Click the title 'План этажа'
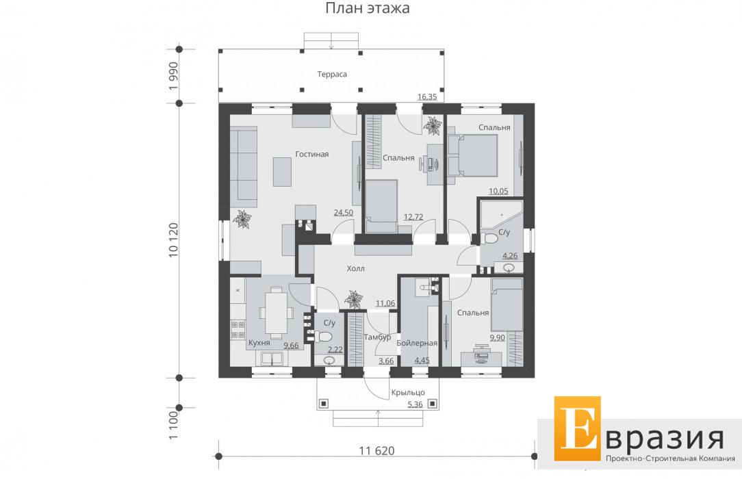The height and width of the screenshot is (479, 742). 367,8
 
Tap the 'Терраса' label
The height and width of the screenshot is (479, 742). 332,74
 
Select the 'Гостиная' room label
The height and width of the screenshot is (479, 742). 312,154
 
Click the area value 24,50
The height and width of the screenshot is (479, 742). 343,213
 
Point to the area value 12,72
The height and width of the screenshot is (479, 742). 413,217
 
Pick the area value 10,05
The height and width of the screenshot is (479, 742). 498,192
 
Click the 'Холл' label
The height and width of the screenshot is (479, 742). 355,268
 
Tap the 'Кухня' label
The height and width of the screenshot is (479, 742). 259,343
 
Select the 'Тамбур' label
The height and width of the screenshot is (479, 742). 377,337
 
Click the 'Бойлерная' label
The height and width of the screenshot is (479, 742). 417,344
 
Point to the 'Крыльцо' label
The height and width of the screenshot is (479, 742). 408,393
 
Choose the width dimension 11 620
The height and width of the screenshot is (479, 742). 376,451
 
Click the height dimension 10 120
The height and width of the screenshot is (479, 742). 174,240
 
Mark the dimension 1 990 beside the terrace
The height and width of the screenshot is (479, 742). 174,76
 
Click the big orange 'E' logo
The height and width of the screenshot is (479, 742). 577,428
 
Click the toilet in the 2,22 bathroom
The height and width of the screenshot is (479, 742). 324,337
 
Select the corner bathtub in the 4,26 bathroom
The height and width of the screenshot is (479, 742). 501,215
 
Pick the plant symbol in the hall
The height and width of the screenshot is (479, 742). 353,300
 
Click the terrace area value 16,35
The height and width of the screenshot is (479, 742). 427,97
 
